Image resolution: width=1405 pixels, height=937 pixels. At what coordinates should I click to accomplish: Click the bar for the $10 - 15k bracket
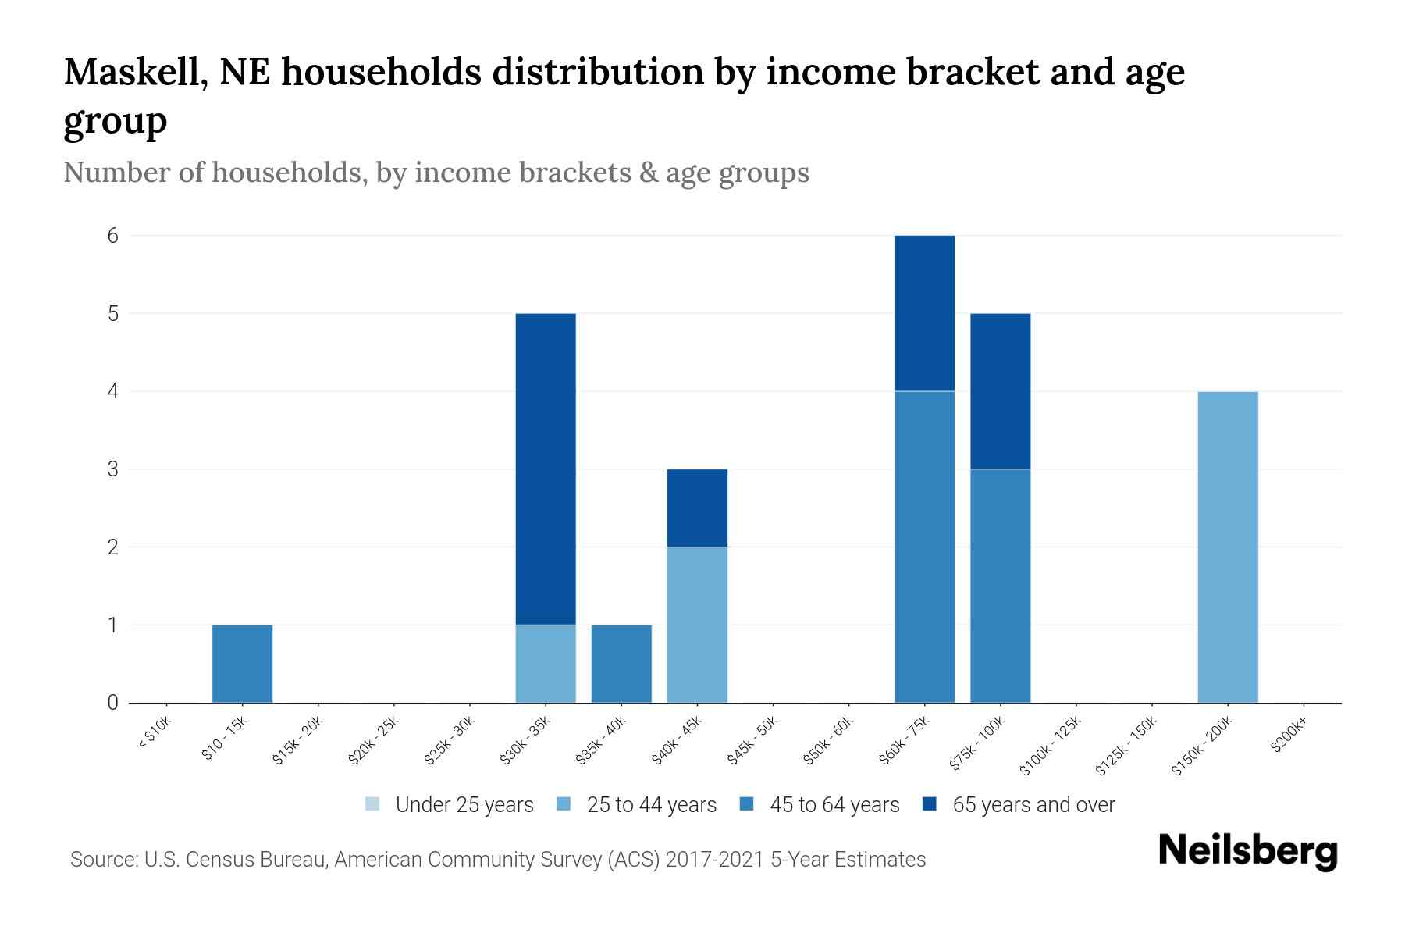(x=242, y=664)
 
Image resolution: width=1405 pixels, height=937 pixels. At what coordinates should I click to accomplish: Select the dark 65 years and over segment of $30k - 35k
(x=546, y=468)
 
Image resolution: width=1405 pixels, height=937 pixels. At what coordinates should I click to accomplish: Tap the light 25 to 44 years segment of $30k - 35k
(x=546, y=664)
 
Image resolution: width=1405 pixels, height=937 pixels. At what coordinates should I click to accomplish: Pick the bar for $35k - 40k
(x=621, y=664)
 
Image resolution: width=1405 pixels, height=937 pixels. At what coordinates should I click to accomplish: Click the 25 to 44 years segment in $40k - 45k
(x=697, y=625)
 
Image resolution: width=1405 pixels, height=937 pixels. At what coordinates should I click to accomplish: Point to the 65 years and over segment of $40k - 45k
(x=697, y=508)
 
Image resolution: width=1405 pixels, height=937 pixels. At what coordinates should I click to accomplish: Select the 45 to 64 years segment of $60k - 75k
(x=924, y=547)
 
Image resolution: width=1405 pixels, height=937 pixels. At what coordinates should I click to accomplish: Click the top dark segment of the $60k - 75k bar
(x=924, y=312)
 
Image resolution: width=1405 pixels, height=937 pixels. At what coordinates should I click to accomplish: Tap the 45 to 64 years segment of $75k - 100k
(x=1000, y=586)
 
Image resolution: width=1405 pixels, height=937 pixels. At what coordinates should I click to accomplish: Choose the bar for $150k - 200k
(x=1228, y=547)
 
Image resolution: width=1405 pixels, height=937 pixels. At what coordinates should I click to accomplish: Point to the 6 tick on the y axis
(x=113, y=235)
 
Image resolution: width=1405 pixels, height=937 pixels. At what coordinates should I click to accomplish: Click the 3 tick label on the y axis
(x=113, y=469)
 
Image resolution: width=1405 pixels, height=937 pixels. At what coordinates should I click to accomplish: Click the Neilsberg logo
(x=1247, y=851)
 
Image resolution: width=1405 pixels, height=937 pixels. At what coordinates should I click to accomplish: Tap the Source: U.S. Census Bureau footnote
(x=497, y=860)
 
